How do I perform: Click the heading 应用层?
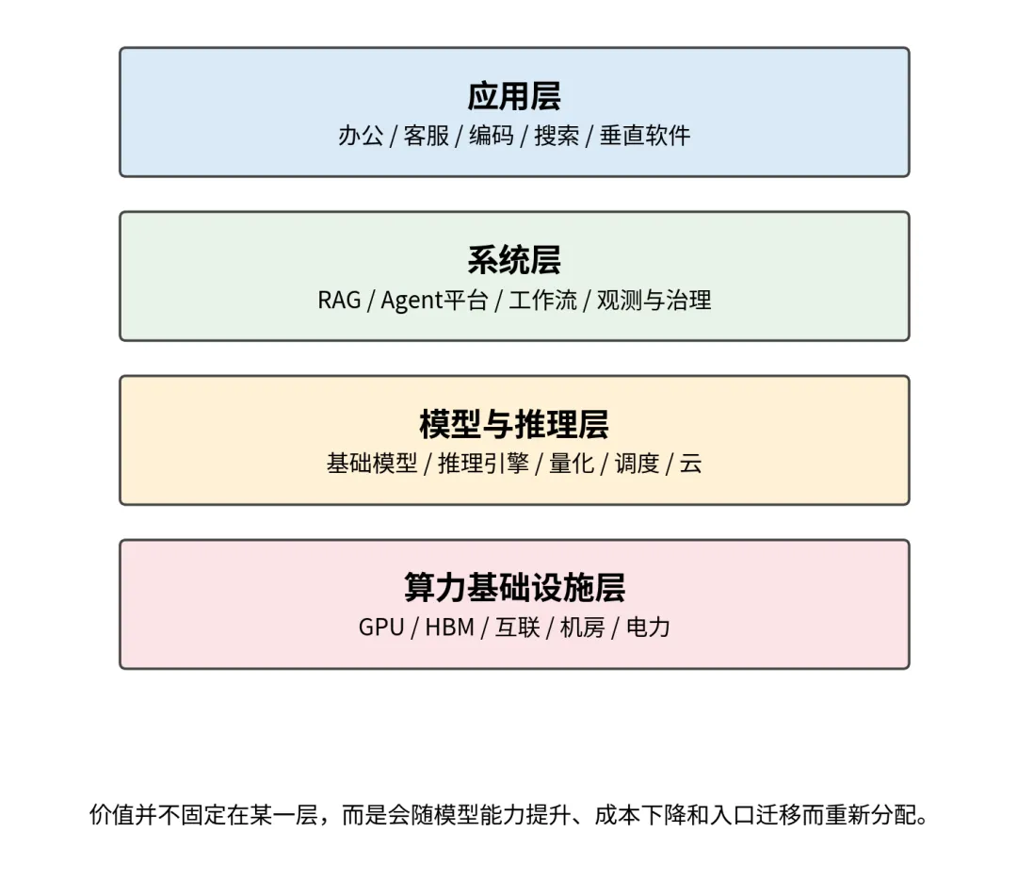click(514, 96)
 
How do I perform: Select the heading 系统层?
click(514, 260)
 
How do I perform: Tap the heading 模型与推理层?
click(514, 424)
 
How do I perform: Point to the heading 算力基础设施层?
click(514, 588)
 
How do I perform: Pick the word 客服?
click(427, 136)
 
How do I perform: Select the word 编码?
click(492, 136)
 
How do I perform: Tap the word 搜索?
click(557, 136)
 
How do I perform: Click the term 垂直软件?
click(645, 136)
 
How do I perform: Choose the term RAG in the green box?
click(339, 301)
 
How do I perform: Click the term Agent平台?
click(434, 301)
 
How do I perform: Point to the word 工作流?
click(542, 301)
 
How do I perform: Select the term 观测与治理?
click(654, 301)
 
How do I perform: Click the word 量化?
click(572, 464)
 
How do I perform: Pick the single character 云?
click(690, 464)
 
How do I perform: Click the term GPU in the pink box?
click(381, 628)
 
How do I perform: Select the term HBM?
click(449, 628)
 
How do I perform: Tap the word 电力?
click(648, 628)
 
